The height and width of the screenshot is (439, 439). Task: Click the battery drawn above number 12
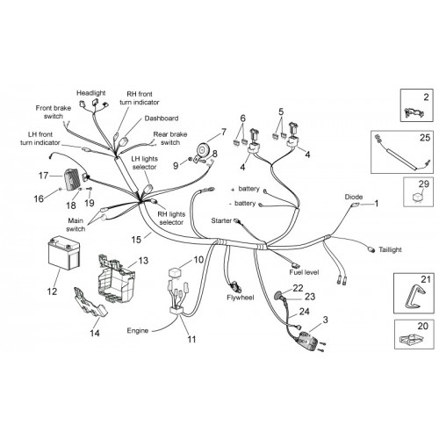63,253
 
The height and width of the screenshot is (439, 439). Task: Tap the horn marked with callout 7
203,150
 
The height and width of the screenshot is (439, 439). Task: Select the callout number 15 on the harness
136,240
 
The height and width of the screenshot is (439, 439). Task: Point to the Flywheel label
241,298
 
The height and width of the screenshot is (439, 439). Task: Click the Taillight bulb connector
371,250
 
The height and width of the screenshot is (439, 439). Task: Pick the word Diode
354,197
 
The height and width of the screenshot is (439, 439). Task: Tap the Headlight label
91,93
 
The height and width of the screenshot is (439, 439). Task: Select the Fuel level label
304,272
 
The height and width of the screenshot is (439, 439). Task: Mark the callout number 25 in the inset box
425,138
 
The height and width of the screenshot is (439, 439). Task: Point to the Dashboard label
162,119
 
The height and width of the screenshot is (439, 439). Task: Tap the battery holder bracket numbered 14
90,303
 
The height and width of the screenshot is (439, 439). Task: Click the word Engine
138,331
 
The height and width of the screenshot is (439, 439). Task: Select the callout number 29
423,184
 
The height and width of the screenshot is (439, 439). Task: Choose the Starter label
221,220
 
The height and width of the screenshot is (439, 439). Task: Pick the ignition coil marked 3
307,341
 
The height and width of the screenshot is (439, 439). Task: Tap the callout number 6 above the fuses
243,119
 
